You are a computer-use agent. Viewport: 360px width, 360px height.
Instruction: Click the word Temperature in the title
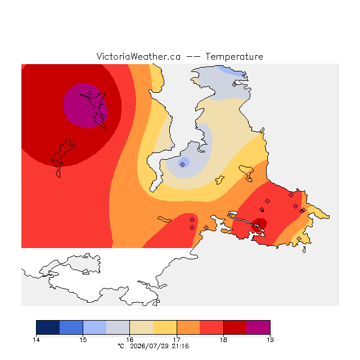coord(234,57)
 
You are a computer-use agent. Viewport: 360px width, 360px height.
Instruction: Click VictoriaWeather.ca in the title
coord(138,57)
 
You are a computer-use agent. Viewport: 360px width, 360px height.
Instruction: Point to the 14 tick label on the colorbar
coord(36,340)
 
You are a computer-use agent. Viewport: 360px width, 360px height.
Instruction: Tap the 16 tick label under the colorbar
coord(130,340)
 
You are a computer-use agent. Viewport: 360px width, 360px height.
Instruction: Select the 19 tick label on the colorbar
coord(270,340)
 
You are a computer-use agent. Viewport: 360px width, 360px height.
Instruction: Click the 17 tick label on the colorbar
coord(177,340)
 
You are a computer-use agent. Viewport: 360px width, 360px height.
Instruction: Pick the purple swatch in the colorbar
coord(258,327)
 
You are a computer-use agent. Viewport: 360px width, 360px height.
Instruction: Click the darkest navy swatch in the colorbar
coord(48,327)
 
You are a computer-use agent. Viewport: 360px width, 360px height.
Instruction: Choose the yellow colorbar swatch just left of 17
coord(165,327)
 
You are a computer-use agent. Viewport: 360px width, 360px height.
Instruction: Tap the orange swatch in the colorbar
coord(188,327)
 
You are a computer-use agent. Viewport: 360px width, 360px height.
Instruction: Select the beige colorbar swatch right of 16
coord(141,327)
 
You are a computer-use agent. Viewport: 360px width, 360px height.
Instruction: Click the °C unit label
coord(121,346)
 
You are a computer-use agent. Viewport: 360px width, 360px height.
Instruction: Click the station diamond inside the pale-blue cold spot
coord(182,164)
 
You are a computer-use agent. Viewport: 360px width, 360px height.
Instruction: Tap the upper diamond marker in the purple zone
coord(90,93)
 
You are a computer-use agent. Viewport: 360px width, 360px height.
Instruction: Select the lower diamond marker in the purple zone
coord(102,116)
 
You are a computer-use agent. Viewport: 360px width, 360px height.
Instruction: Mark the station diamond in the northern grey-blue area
coord(234,84)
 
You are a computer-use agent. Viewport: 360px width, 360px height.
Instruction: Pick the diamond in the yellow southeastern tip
coord(299,238)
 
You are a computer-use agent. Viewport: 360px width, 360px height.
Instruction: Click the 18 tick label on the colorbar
coord(223,340)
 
